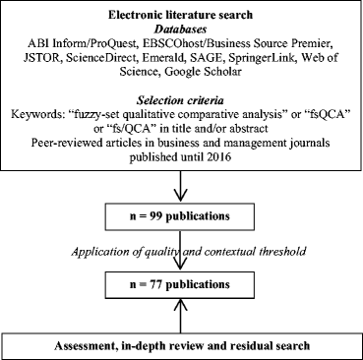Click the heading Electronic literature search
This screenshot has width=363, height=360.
click(x=182, y=15)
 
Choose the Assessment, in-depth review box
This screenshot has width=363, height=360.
click(x=182, y=345)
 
